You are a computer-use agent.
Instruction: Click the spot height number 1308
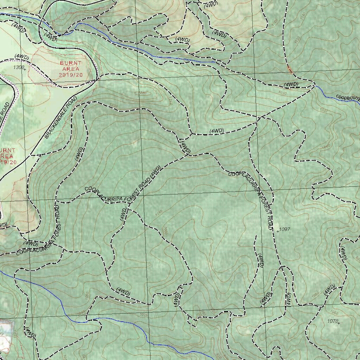point(19,67)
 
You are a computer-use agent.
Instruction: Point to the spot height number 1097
point(284,229)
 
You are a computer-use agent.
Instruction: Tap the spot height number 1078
point(332,321)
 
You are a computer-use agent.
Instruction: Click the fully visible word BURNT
point(71,63)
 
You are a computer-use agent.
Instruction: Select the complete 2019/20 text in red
point(71,75)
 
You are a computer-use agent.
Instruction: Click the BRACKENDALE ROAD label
point(61,117)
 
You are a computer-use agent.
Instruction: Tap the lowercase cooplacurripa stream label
point(348,97)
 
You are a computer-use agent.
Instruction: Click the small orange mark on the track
point(290,69)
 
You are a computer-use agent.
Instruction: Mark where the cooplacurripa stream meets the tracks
point(314,85)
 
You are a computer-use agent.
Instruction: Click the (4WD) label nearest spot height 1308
point(22,57)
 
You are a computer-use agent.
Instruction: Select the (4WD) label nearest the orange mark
point(291,84)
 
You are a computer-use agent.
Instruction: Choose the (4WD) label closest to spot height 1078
point(329,289)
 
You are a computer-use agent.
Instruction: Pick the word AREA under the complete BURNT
point(71,69)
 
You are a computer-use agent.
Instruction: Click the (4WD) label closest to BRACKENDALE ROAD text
point(79,154)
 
